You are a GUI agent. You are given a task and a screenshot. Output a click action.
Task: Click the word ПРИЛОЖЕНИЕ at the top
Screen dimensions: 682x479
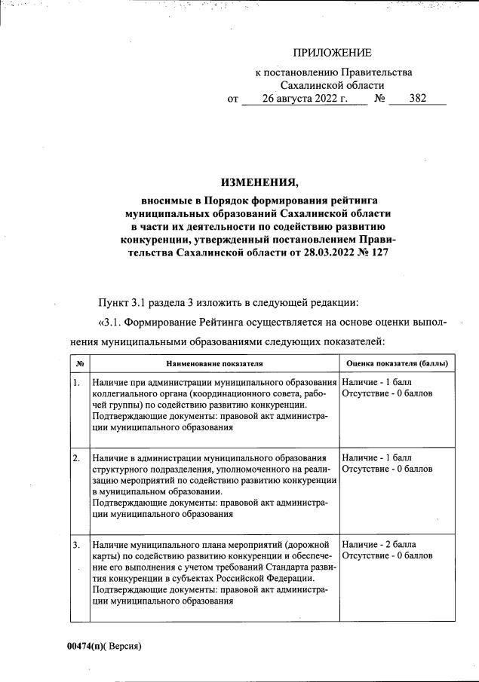tap(333, 53)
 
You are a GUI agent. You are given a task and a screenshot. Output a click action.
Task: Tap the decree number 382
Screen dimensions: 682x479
tap(417, 99)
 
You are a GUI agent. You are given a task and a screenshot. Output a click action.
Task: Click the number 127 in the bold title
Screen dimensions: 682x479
tap(385, 253)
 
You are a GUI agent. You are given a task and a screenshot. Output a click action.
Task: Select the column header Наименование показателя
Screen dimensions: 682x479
tap(214, 363)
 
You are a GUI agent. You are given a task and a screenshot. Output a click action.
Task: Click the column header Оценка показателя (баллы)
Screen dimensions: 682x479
tap(396, 363)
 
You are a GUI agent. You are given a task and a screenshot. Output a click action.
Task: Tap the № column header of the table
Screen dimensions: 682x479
tap(80, 363)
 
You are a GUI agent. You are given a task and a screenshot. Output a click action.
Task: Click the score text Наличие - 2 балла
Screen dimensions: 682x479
tap(379, 544)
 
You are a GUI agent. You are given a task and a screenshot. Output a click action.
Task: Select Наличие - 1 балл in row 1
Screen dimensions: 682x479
tap(376, 384)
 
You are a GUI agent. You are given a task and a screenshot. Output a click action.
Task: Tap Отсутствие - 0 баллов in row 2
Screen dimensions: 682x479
tap(387, 469)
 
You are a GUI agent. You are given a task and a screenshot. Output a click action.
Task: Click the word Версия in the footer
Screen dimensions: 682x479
tap(124, 646)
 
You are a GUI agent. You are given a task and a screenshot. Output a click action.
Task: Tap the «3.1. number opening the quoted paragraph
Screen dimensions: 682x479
tap(109, 323)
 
